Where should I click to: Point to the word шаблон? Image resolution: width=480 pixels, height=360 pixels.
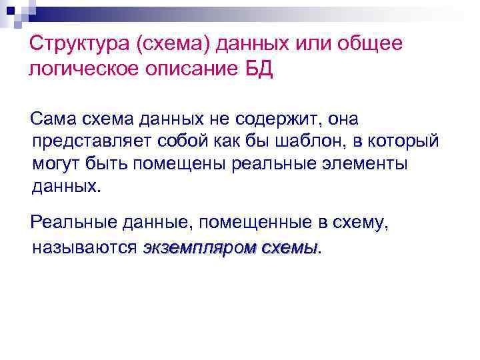pos(308,141)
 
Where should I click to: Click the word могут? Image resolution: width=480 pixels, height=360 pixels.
pos(57,164)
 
